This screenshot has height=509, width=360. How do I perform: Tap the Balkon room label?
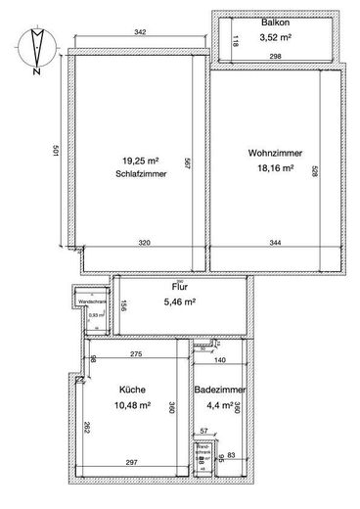coord(273,23)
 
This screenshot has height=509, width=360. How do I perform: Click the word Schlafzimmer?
coord(137,172)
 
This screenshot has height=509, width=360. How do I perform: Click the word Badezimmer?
coord(220,390)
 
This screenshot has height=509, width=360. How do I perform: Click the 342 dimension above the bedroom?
coord(140,34)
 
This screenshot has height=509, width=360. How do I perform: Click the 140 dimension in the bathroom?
coord(219,361)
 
